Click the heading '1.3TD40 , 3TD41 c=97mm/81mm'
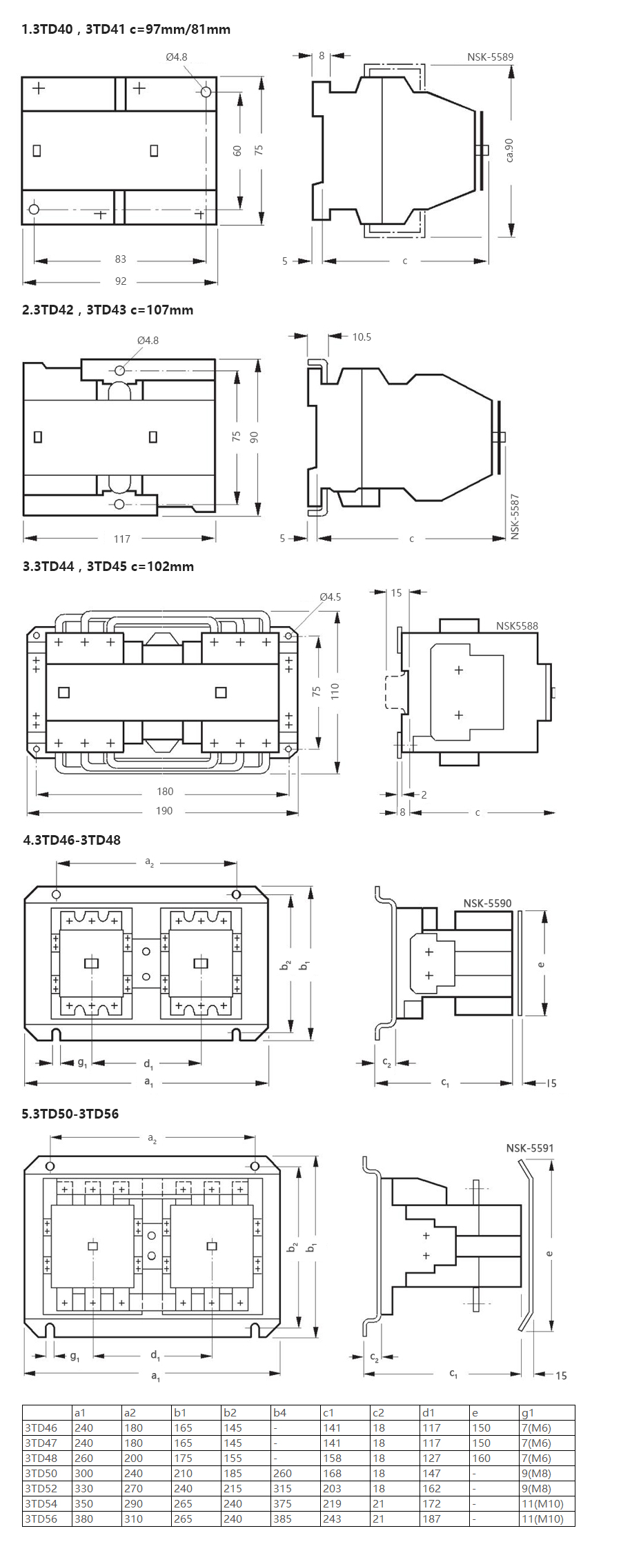tap(126, 29)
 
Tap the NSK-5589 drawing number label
tap(490, 57)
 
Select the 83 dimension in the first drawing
tap(121, 259)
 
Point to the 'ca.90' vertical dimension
tap(509, 150)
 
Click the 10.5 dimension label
tap(362, 337)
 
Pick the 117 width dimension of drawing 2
tap(122, 539)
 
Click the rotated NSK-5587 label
tap(515, 517)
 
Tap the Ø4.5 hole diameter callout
tap(331, 597)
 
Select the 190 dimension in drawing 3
tap(164, 811)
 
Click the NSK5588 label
tap(517, 626)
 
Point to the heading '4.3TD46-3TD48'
tap(72, 840)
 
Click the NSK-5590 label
tap(487, 903)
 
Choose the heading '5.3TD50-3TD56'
tap(70, 1114)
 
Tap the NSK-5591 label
tap(530, 1148)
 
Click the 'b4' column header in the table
tap(279, 1412)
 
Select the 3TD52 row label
tap(41, 1488)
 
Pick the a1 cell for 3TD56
tap(83, 1519)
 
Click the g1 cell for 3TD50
tap(536, 1473)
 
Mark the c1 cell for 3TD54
tap(332, 1503)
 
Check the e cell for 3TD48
tap(481, 1458)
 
